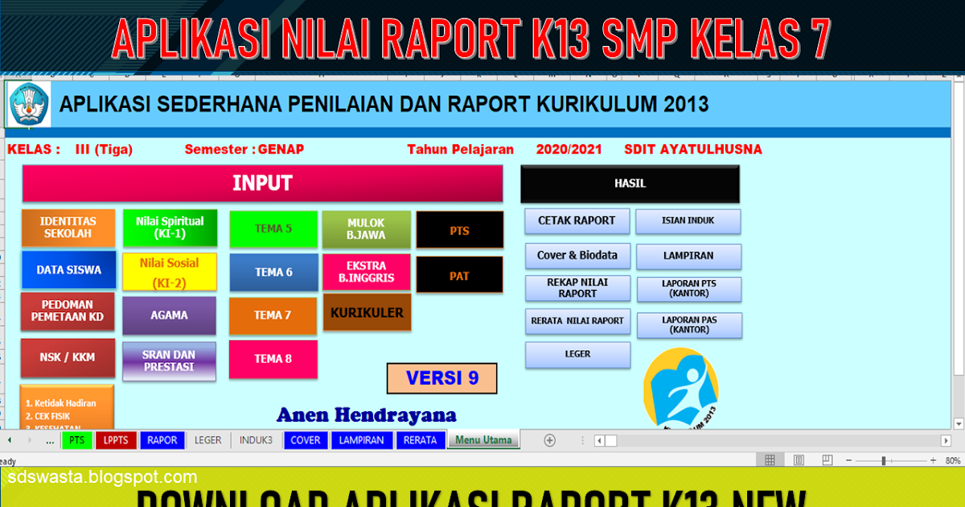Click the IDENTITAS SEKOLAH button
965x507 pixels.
point(68,228)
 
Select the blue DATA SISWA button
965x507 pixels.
point(68,270)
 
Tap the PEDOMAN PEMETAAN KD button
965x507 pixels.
point(68,311)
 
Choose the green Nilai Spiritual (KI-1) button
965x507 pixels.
point(170,228)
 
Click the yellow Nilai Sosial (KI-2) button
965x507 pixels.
point(169,272)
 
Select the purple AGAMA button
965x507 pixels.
point(169,315)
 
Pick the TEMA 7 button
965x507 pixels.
point(273,315)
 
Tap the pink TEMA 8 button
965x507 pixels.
point(273,359)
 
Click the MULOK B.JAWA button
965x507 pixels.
point(366,229)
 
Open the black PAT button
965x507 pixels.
point(459,276)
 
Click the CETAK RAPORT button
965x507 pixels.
point(577,221)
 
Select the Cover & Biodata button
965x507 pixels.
point(577,255)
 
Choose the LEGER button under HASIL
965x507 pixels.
point(577,354)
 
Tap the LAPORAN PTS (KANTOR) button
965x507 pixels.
point(689,289)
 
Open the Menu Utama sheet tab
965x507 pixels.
point(483,440)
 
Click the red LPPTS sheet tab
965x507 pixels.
point(116,440)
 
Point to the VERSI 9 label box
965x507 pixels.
point(441,378)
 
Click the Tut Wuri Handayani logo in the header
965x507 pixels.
point(28,104)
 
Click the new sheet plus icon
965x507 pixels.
point(550,440)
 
